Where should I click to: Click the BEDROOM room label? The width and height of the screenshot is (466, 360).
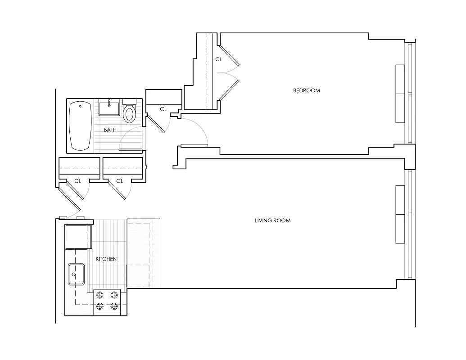tap(307, 90)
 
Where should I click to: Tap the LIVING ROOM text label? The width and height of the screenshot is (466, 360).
tap(273, 220)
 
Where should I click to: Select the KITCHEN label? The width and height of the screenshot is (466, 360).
tap(106, 259)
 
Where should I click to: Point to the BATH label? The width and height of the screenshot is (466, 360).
tap(110, 130)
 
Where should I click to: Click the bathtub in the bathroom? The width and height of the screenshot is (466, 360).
tap(81, 126)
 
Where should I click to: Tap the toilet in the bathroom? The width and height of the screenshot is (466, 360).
tap(129, 113)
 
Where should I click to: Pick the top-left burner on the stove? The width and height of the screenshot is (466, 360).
tap(100, 296)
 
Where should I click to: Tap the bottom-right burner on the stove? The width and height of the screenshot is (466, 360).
tap(114, 306)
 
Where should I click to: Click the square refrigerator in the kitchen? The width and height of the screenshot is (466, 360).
tap(78, 237)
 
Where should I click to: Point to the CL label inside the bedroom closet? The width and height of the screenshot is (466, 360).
tap(218, 59)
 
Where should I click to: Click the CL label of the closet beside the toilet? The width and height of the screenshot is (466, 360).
tap(163, 109)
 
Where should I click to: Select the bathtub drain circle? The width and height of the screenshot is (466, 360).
tap(80, 107)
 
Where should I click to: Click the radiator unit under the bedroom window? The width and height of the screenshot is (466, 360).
tap(400, 94)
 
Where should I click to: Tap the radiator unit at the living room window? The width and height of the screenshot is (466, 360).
tap(400, 214)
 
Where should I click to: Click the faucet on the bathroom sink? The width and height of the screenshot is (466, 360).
tap(109, 106)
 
